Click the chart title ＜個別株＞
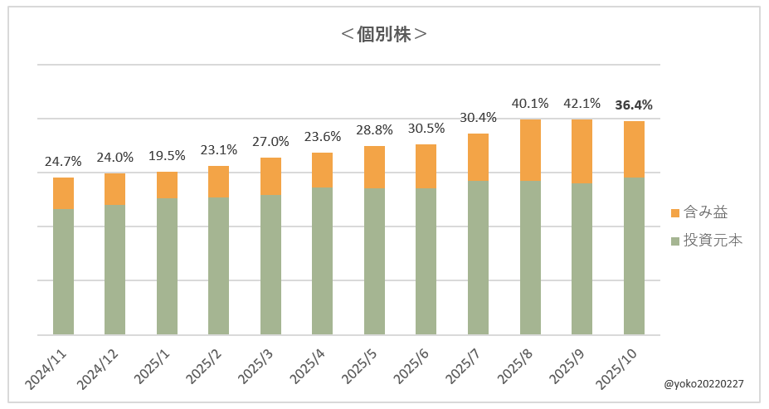384,35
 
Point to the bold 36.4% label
634,105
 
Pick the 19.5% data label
167,156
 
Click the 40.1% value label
530,104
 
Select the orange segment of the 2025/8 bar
530,149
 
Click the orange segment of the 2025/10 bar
634,149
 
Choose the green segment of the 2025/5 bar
374,261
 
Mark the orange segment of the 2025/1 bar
167,185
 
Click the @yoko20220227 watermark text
703,384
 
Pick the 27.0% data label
270,142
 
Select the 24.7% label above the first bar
64,162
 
